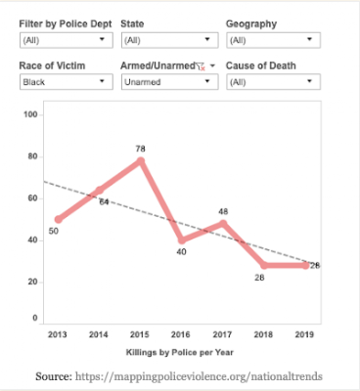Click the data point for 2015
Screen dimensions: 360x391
141,161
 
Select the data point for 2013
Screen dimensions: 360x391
59,219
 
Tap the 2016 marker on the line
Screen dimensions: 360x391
182,240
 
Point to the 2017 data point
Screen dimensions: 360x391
223,223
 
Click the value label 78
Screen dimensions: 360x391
140,149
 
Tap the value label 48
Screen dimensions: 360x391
223,211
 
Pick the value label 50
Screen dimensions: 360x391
54,231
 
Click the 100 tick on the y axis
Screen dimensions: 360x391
30,114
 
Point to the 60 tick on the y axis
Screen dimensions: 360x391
32,198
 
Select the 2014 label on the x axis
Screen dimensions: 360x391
99,334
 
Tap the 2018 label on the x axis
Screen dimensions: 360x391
263,334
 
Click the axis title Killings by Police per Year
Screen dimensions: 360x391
180,352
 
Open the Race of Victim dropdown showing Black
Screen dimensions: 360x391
67,82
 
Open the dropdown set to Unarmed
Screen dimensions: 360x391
169,82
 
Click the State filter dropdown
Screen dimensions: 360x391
169,40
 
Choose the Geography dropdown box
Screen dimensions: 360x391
273,40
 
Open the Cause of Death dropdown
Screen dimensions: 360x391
273,82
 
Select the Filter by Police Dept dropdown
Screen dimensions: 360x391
67,40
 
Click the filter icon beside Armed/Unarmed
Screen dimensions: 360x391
201,66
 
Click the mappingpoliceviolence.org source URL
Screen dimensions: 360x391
199,376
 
